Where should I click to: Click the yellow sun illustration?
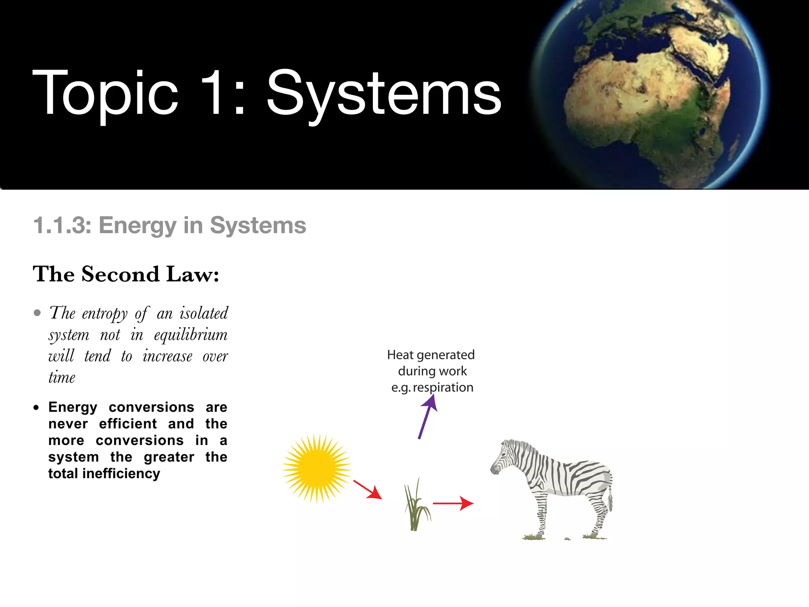click(317, 468)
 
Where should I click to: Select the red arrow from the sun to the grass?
click(367, 490)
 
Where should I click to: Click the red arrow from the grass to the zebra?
click(453, 503)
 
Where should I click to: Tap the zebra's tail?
click(610, 494)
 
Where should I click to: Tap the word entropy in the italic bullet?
click(105, 314)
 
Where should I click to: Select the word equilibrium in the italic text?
click(191, 335)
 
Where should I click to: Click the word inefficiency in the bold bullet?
click(121, 473)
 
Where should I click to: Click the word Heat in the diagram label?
click(400, 355)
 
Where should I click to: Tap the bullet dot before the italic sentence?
click(38, 313)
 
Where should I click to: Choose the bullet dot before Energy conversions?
click(36, 407)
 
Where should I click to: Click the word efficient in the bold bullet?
click(128, 424)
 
